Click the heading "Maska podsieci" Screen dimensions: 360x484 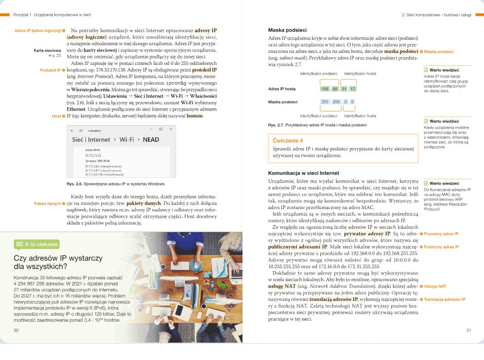(x=287, y=30)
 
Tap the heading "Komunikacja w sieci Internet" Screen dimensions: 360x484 (x=303, y=173)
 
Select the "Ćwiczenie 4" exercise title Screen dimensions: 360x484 (x=288, y=141)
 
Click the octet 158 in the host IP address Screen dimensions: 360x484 (x=326, y=89)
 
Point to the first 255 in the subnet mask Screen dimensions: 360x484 (x=326, y=102)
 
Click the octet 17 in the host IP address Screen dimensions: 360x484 (x=352, y=89)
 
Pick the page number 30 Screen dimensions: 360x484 (x=16, y=330)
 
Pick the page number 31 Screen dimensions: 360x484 (x=469, y=330)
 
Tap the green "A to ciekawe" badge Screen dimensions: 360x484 (x=37, y=244)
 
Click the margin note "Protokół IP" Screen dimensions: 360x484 (x=50, y=70)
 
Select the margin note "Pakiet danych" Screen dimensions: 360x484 (x=47, y=203)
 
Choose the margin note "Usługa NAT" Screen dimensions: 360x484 (x=435, y=286)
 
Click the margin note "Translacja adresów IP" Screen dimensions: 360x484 (x=445, y=299)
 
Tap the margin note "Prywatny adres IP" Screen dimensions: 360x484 (x=441, y=234)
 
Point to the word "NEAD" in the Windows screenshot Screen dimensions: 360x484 (x=151, y=139)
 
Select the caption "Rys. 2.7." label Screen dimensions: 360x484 (x=277, y=125)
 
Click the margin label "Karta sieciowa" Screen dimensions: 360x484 (x=47, y=50)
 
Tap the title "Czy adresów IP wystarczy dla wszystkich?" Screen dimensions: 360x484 (x=58, y=262)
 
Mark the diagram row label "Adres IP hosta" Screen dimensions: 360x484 (x=282, y=89)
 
